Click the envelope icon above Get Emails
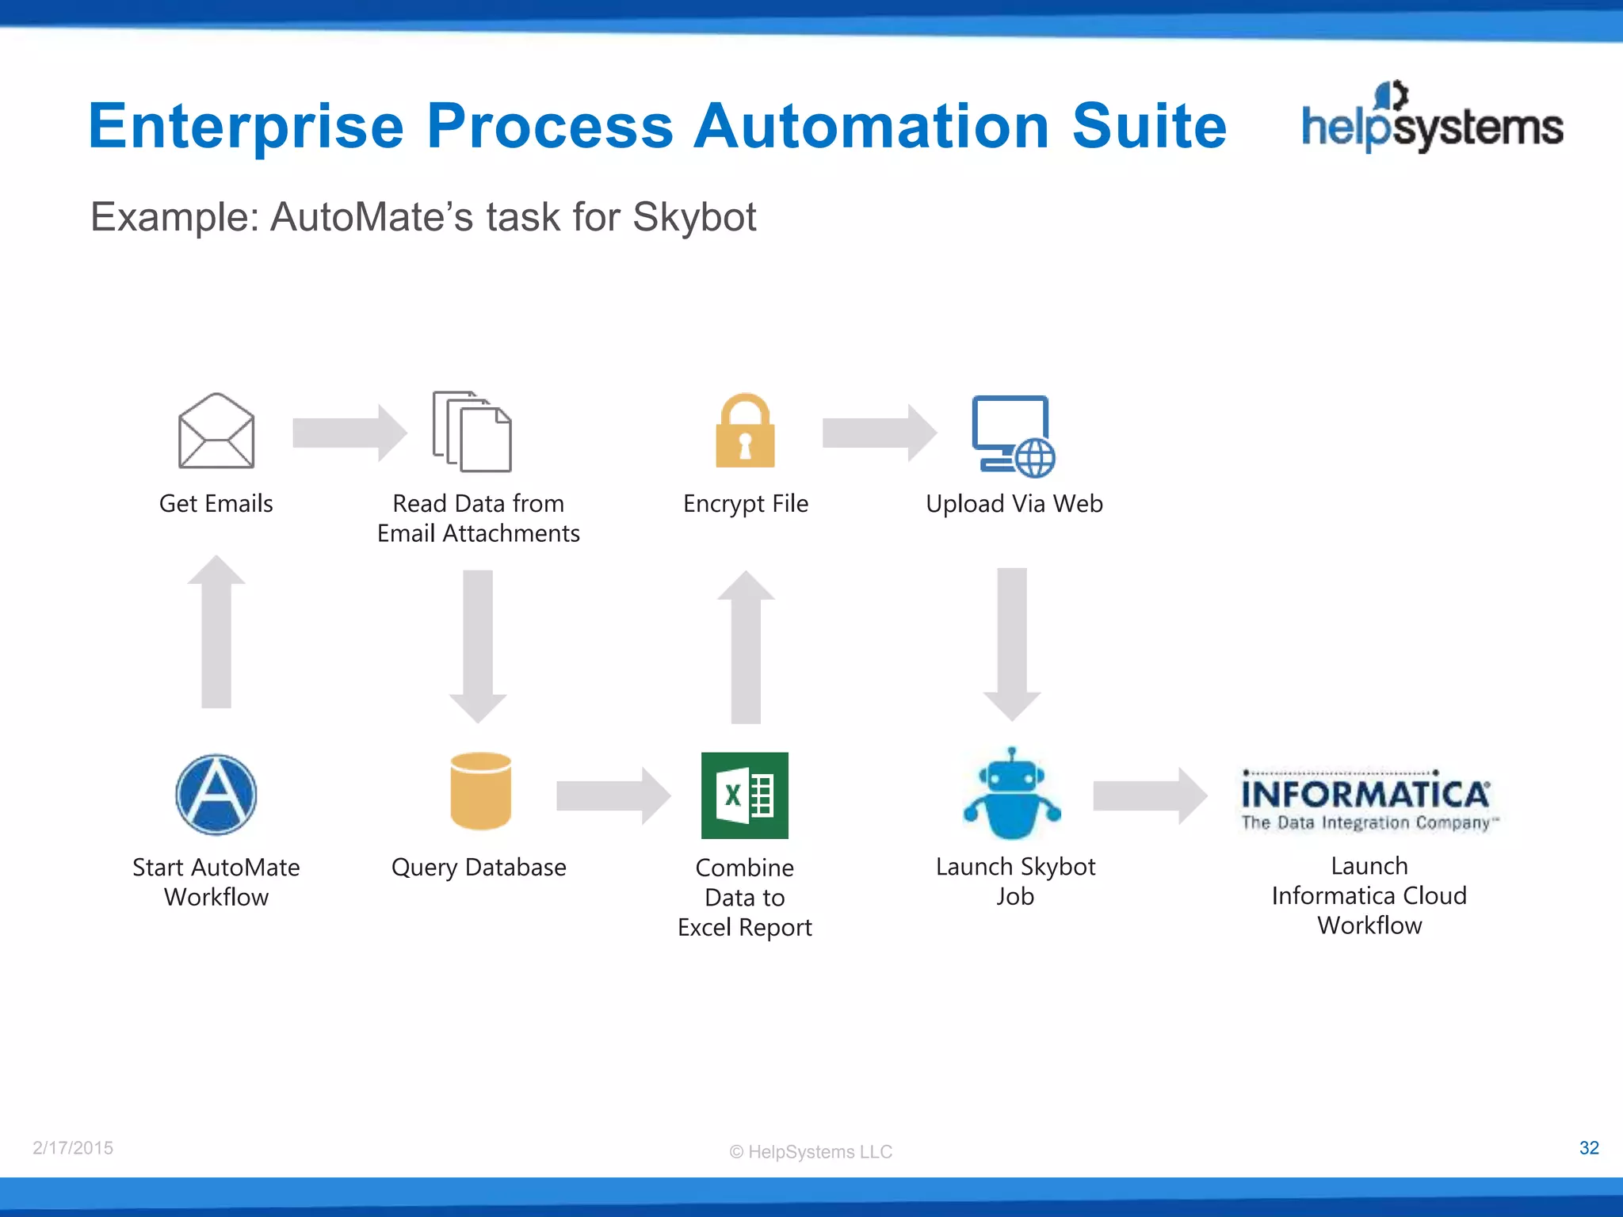216,431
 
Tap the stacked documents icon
472,432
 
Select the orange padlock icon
745,431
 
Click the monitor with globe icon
1013,436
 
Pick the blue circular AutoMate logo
216,795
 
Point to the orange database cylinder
480,791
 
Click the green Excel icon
745,795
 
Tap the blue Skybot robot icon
1012,795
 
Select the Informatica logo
1369,801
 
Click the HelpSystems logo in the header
1432,119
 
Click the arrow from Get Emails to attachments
349,433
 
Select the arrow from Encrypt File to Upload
879,433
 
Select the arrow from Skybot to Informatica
1149,795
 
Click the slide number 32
1588,1147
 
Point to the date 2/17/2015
73,1147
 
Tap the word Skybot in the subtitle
694,217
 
